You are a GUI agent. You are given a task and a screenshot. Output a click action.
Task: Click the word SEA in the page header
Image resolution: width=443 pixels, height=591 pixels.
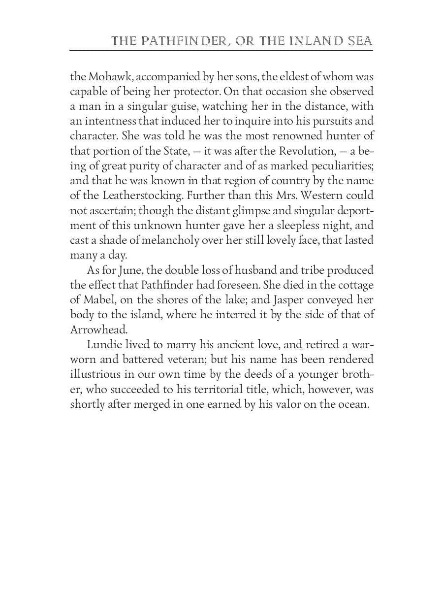coord(359,40)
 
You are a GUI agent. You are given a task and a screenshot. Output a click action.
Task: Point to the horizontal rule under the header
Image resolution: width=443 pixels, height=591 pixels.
coord(221,50)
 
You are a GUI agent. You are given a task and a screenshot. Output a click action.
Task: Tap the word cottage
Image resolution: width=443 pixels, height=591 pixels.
coord(353,285)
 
